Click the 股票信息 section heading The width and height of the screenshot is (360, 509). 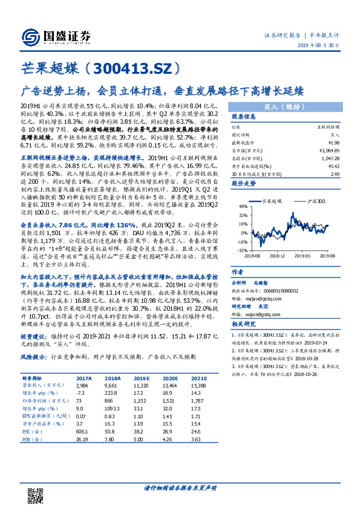pyautogui.click(x=244, y=117)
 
